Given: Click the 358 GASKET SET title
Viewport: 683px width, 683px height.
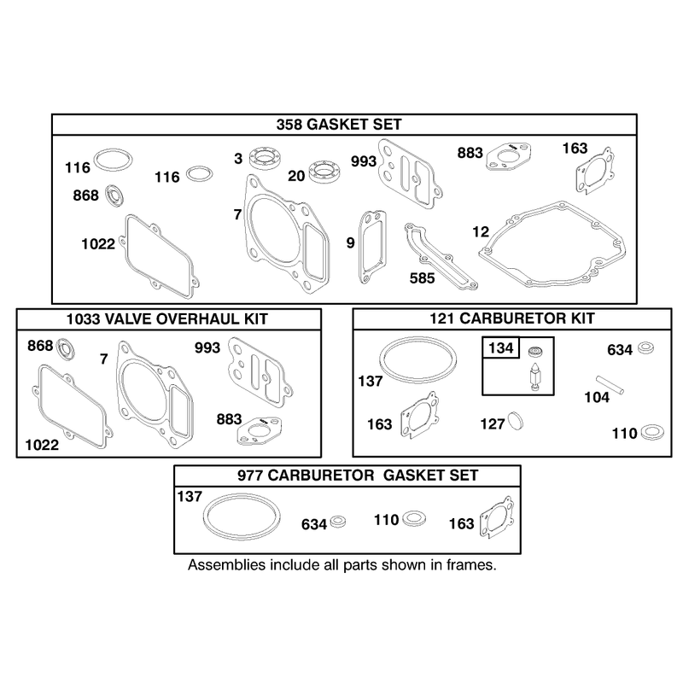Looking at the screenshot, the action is tap(338, 125).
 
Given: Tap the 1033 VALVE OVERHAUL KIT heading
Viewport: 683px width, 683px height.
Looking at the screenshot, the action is tap(166, 319).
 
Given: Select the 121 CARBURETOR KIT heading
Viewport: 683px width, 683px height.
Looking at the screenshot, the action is tap(511, 318).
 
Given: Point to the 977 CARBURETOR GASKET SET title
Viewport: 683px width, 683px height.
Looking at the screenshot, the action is tap(358, 476).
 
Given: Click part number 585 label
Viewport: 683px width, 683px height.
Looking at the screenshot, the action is tap(422, 278).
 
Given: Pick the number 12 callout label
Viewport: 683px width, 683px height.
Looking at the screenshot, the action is tap(481, 231).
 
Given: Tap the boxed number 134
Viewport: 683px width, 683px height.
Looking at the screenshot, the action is tap(500, 348).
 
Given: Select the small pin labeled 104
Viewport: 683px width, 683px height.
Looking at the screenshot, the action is tap(610, 385).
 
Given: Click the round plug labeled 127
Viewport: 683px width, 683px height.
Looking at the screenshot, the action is tap(517, 421).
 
